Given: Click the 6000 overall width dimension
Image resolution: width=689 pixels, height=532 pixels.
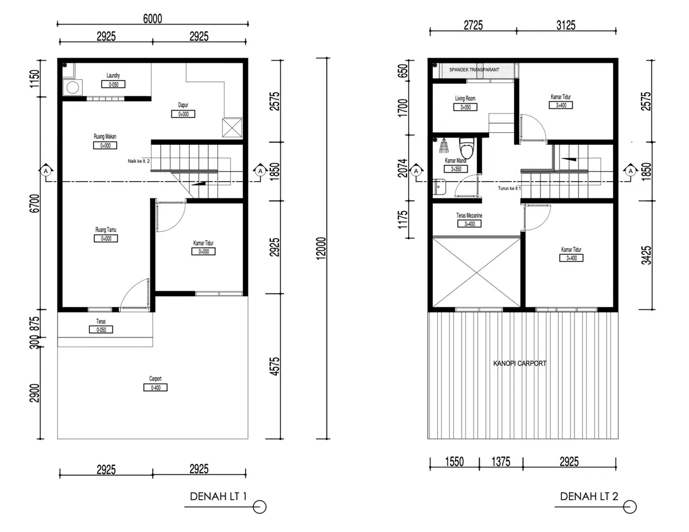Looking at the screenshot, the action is click(x=152, y=18).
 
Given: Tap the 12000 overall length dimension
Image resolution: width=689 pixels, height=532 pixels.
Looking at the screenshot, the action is click(x=321, y=248).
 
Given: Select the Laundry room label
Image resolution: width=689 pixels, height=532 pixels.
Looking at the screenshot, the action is click(x=113, y=75).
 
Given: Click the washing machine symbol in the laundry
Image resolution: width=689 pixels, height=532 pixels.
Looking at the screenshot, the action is click(x=73, y=88).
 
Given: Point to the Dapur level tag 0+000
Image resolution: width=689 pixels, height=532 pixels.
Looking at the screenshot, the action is click(x=183, y=114).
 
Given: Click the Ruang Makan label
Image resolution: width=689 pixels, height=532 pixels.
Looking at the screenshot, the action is click(x=105, y=136).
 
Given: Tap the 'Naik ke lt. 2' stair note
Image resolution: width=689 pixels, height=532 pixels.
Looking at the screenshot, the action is click(x=138, y=161).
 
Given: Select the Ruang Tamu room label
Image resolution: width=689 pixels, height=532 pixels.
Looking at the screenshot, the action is click(x=106, y=229).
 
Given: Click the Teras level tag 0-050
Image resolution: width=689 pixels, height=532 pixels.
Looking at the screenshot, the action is click(x=101, y=330).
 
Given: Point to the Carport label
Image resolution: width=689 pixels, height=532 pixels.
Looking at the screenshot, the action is click(x=155, y=378).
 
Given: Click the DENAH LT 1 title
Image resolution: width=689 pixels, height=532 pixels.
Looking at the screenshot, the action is click(x=218, y=496).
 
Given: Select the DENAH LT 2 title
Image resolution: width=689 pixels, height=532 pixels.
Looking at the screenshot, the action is click(x=589, y=496).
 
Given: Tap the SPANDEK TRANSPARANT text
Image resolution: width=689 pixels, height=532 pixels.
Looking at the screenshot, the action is click(x=474, y=70).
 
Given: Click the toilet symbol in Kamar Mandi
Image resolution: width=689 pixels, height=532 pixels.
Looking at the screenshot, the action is click(x=467, y=149).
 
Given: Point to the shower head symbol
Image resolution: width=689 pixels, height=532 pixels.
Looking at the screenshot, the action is click(x=444, y=146).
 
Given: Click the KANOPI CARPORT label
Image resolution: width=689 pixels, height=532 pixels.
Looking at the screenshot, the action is click(x=520, y=363).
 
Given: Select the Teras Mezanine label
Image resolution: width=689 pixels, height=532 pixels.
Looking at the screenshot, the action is click(x=469, y=215).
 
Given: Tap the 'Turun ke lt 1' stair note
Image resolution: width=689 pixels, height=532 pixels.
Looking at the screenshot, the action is click(x=509, y=188).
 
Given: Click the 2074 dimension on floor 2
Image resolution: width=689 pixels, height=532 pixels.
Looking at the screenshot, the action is click(x=403, y=168).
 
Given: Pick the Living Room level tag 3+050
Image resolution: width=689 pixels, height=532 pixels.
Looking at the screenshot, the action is click(x=466, y=107).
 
